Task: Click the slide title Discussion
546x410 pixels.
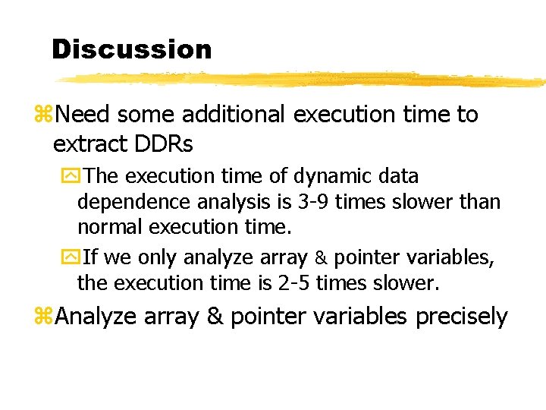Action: (x=131, y=50)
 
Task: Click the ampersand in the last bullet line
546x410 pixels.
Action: (x=215, y=316)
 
